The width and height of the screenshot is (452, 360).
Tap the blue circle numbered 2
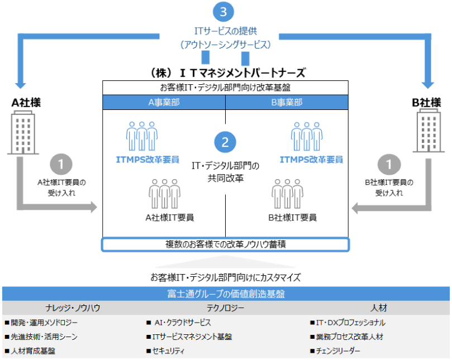pos(225,142)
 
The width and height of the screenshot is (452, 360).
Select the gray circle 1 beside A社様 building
pos(61,165)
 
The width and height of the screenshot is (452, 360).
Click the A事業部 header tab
pos(164,102)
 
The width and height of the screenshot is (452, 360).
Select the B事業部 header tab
pos(287,102)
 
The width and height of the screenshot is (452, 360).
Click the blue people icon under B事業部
pos(307,136)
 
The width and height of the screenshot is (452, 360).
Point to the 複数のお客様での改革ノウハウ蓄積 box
pos(225,244)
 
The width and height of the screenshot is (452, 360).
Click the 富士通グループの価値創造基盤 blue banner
pos(226,294)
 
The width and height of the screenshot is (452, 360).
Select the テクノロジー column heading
pos(225,308)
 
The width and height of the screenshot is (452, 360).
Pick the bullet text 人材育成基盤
pos(33,351)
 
